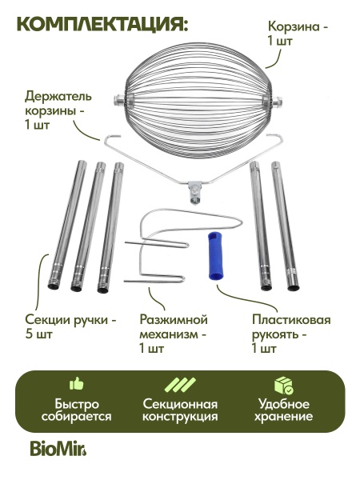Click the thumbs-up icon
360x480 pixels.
(76, 383)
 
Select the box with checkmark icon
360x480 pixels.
(283, 385)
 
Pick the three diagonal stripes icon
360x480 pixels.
(180, 385)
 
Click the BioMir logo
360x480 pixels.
(58, 449)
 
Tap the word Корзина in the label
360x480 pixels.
(294, 27)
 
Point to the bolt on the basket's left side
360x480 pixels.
(118, 99)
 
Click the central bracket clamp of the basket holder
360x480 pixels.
(194, 191)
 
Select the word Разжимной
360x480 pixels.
(174, 321)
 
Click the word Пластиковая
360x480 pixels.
(291, 320)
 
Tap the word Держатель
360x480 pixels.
(58, 97)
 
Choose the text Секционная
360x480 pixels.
(180, 405)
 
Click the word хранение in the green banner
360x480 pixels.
(283, 417)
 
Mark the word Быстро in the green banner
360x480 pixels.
(77, 404)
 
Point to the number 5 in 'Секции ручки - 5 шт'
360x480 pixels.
(29, 334)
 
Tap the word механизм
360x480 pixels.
(169, 334)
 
